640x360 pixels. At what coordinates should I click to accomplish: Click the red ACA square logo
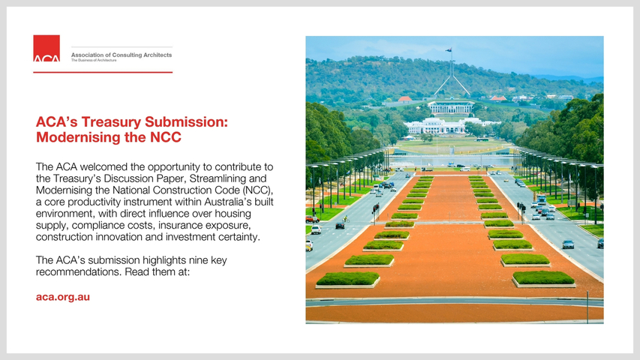[47, 48]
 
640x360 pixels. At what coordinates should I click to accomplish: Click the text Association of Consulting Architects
[122, 55]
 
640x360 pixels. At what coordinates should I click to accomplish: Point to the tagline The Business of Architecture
[94, 61]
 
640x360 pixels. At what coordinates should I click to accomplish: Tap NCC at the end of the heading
[166, 137]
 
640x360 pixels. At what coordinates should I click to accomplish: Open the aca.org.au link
[63, 297]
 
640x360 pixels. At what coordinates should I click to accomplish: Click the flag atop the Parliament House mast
[449, 49]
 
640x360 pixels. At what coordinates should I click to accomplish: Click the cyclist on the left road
[345, 219]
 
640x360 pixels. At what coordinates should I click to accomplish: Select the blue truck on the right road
[541, 199]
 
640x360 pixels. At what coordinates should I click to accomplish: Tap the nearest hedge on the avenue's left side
[348, 279]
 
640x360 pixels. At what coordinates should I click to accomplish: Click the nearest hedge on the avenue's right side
[543, 278]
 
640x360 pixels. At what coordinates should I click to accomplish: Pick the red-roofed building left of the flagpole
[405, 99]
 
